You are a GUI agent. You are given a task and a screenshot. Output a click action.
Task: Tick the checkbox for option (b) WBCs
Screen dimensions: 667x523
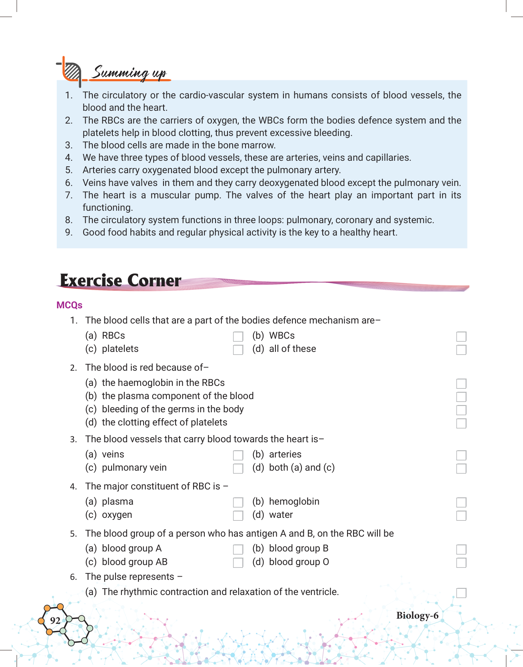tap(461, 337)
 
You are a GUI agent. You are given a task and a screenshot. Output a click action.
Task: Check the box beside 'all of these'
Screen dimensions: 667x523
tap(461, 350)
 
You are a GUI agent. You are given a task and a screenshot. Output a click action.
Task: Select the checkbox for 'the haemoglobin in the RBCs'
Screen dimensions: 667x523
tap(461, 384)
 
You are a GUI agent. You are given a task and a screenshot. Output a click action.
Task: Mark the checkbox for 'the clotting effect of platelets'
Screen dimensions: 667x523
tap(461, 423)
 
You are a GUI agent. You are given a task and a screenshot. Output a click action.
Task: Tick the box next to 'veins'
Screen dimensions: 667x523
tap(238, 455)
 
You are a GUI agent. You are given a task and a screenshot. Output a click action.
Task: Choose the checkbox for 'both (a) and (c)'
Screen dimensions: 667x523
tap(461, 469)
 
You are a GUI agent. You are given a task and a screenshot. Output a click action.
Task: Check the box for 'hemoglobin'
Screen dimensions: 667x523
tap(461, 503)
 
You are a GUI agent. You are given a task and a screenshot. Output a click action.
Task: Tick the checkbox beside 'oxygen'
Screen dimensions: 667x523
tap(238, 516)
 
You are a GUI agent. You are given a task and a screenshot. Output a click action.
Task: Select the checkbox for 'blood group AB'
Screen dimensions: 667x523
tap(238, 563)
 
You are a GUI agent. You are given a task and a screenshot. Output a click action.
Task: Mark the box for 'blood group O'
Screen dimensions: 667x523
tap(461, 563)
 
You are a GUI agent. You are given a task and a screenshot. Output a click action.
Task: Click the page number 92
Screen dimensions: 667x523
tap(55, 621)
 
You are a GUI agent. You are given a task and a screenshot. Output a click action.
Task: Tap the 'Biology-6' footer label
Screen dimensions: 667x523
tap(417, 615)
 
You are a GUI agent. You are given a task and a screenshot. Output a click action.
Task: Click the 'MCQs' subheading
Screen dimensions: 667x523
tap(69, 305)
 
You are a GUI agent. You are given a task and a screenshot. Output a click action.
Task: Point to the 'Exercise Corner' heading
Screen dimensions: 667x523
tap(120, 281)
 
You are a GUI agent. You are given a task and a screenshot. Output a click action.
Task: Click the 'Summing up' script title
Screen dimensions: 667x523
tap(129, 73)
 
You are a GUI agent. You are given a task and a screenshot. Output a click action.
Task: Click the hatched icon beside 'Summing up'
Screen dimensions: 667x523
tap(72, 72)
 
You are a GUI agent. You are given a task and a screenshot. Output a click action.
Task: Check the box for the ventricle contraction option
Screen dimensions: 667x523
tap(461, 593)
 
